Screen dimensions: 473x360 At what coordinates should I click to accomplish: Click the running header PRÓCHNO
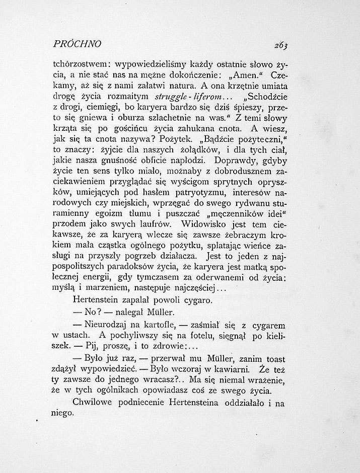coord(77,44)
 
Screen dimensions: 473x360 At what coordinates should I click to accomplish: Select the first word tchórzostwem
coord(81,65)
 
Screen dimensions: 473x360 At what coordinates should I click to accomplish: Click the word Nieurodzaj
coord(109,324)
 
